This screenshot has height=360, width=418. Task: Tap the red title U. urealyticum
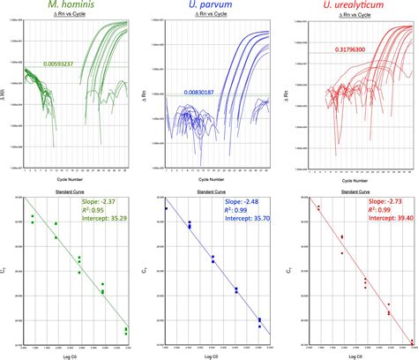click(349, 8)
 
